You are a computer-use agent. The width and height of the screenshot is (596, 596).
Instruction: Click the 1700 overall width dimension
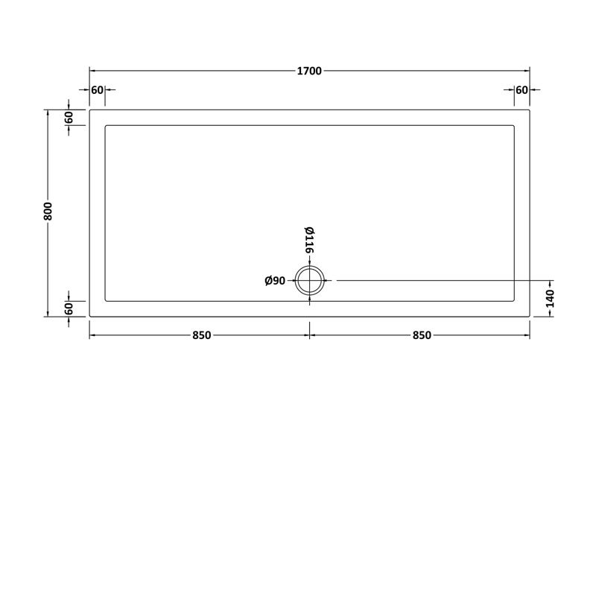click(x=309, y=72)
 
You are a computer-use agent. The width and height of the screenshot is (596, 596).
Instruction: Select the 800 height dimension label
click(x=48, y=213)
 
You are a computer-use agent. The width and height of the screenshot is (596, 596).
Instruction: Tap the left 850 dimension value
click(x=200, y=335)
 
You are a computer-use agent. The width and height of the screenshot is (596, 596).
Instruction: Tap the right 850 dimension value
click(x=420, y=335)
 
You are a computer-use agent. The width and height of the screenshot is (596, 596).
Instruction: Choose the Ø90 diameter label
click(x=276, y=281)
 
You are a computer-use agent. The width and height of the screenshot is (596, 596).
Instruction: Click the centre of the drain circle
click(x=309, y=281)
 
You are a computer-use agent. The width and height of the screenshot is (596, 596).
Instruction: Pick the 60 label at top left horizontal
click(x=97, y=90)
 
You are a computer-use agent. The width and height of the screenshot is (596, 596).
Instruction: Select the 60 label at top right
click(x=521, y=90)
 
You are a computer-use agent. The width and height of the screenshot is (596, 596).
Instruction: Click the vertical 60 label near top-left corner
click(x=69, y=117)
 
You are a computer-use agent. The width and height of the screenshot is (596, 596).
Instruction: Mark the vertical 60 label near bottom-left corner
click(x=69, y=308)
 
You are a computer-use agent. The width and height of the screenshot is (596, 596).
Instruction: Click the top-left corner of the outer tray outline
click(x=89, y=110)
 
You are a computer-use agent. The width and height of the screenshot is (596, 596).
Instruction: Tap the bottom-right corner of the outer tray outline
click(x=530, y=317)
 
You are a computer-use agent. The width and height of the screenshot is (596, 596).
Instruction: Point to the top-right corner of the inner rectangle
click(x=514, y=125)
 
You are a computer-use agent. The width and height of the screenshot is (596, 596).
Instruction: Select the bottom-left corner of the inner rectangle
click(x=106, y=301)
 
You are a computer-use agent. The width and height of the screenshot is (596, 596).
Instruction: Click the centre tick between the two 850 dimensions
click(x=310, y=335)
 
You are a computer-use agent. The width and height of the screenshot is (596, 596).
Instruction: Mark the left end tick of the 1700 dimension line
click(x=89, y=72)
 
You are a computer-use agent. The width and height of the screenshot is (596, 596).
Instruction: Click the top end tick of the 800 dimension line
click(x=48, y=110)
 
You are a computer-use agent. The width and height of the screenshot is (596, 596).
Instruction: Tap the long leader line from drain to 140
click(x=440, y=281)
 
